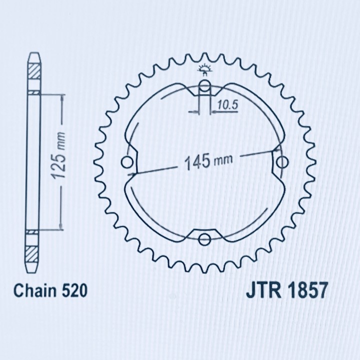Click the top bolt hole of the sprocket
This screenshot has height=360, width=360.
pyautogui.click(x=204, y=85)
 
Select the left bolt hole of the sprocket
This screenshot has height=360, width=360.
pyautogui.click(x=127, y=162)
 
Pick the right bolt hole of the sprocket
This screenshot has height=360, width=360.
pyautogui.click(x=282, y=162)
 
